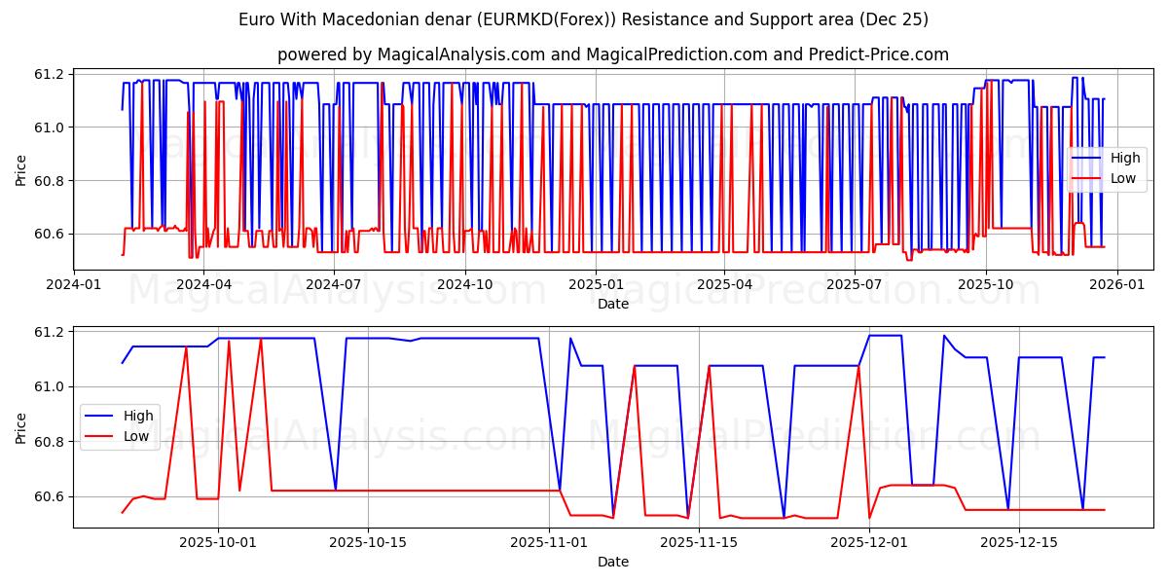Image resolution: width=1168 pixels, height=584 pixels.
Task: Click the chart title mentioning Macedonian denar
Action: [x=583, y=19]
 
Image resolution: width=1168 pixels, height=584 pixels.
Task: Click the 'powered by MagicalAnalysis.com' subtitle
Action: [x=612, y=55]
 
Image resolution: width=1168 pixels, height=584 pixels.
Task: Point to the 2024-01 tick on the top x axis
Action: [x=73, y=284]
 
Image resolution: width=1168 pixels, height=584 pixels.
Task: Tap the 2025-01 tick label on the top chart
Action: [x=595, y=284]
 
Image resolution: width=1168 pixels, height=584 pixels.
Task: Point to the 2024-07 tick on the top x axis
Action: [x=334, y=284]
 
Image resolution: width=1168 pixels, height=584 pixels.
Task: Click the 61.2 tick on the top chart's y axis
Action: [x=50, y=75]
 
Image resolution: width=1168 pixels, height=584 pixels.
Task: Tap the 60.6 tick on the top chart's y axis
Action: [x=50, y=235]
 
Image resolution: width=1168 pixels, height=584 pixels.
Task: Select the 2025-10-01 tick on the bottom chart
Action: [x=217, y=542]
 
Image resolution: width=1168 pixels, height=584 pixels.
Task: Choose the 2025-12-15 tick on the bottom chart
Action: [x=1018, y=542]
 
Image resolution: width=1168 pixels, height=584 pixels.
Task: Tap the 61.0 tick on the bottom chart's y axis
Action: [x=50, y=387]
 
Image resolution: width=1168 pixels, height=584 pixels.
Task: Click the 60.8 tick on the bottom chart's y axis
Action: [x=50, y=442]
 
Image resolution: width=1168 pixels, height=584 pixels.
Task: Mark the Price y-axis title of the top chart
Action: [x=20, y=169]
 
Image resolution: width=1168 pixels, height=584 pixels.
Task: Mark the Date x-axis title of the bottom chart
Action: [x=612, y=562]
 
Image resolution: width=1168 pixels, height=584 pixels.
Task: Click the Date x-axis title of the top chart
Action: [x=612, y=304]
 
